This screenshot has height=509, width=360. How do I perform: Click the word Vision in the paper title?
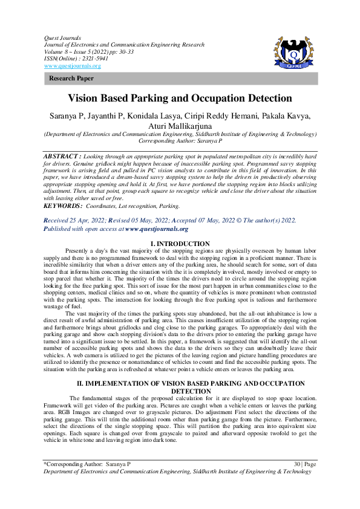click(x=85, y=99)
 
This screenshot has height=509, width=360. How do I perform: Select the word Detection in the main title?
click(x=266, y=99)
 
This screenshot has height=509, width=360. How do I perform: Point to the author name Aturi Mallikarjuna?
click(x=180, y=126)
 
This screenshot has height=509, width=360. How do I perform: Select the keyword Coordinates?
click(x=107, y=206)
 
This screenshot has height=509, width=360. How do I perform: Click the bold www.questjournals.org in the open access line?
click(x=157, y=229)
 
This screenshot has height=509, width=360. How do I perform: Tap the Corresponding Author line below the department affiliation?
click(x=179, y=140)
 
